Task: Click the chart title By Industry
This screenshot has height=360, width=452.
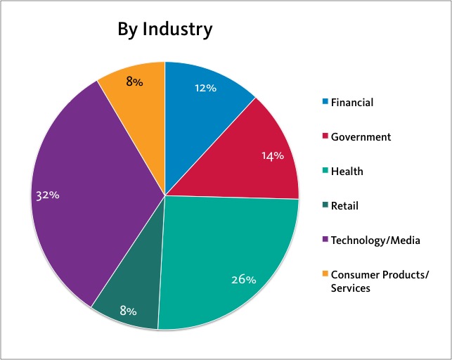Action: click(x=165, y=30)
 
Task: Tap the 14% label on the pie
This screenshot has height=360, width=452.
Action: click(x=272, y=155)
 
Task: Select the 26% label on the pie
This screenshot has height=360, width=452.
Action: click(x=244, y=279)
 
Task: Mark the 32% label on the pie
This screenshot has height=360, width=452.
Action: click(x=48, y=195)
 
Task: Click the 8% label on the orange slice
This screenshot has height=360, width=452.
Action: click(x=134, y=82)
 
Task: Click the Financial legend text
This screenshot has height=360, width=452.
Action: click(x=352, y=103)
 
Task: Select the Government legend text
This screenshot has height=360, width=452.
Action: click(x=361, y=137)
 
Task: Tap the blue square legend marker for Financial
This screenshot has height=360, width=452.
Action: click(x=325, y=103)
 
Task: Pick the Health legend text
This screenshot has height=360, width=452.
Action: click(x=347, y=172)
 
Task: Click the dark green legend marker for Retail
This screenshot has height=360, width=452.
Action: click(x=325, y=206)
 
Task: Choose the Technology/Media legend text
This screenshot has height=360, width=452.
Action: click(x=376, y=240)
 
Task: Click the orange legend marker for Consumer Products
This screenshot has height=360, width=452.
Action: click(x=325, y=274)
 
